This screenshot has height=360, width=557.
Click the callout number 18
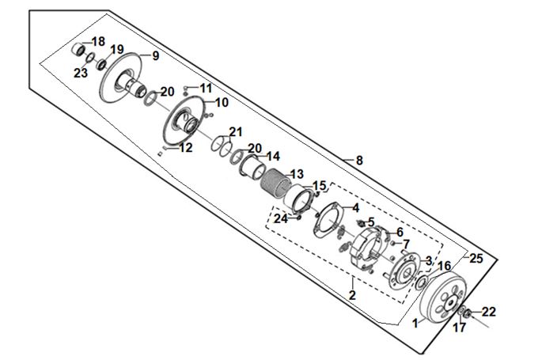pos(98,42)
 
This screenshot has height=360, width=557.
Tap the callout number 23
pos(81,74)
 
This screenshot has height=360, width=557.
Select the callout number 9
pos(156,56)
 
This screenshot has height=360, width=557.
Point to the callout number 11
pos(206,88)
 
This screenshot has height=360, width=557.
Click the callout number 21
pos(236,132)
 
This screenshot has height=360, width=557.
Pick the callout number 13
pos(297,174)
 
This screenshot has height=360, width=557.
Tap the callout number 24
pos(280,219)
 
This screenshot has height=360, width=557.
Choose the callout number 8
pos(359,161)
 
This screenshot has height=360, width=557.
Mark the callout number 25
pos(476,259)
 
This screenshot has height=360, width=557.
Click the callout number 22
pos(488,312)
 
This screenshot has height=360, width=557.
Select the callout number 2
pos(352,295)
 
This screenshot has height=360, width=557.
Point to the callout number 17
pos(460,328)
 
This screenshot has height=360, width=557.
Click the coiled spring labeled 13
pos(276,183)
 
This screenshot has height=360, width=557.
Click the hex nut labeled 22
pos(468,313)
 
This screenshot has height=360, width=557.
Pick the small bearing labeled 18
pos(79,49)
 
